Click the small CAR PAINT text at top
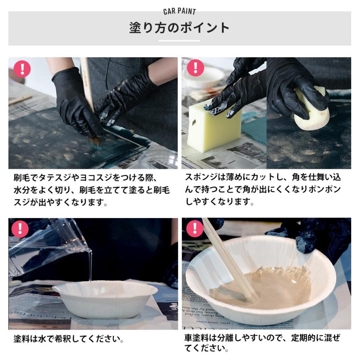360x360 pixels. [x=180, y=11]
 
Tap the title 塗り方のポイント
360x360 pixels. [x=180, y=28]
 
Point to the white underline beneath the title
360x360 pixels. [x=180, y=41]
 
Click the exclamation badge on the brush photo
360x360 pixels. [x=22, y=69]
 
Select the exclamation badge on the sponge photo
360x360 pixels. [x=195, y=68]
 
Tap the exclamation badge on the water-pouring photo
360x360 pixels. [x=20, y=229]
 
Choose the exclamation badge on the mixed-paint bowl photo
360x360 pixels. [x=195, y=228]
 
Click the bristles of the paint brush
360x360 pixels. [x=95, y=141]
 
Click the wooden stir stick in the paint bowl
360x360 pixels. [x=230, y=260]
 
